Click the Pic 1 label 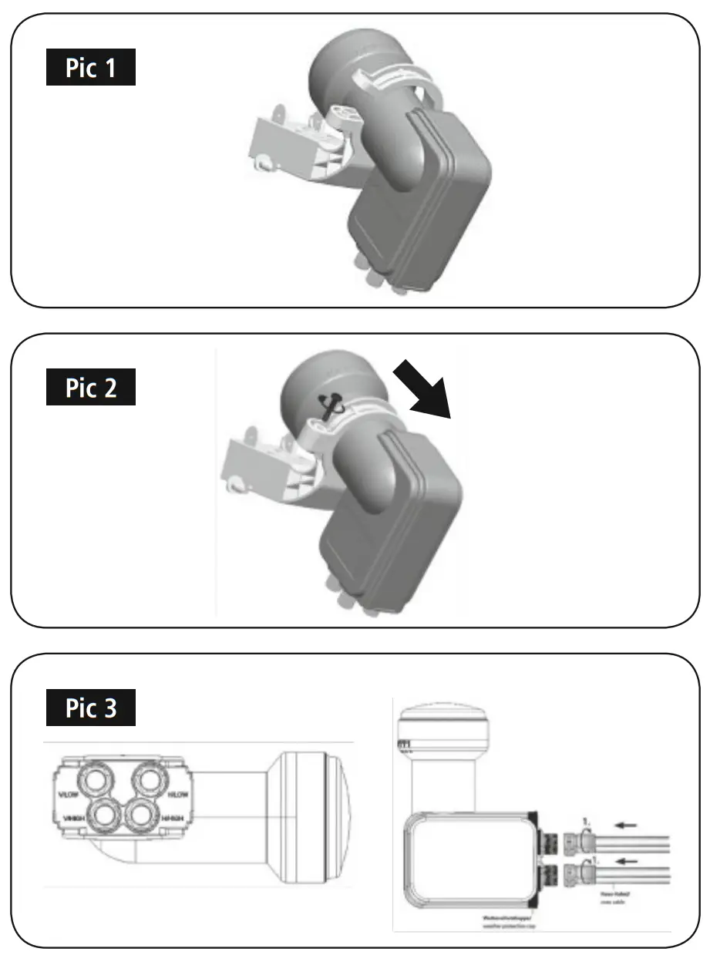click(x=91, y=69)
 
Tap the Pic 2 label click(x=91, y=388)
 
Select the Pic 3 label click(x=91, y=708)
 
